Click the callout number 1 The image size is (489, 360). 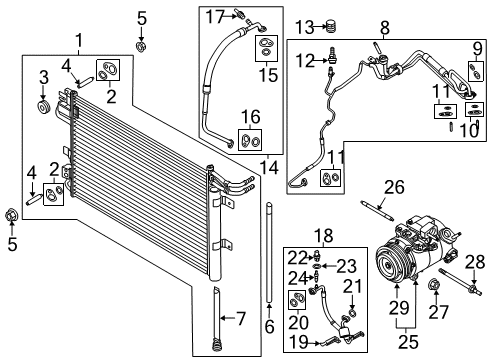pos(79,40)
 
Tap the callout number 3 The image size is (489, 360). pos(43,77)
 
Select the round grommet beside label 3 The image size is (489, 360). pos(43,107)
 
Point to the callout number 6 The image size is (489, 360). pos(269,327)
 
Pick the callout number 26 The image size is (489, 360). pos(394,185)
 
